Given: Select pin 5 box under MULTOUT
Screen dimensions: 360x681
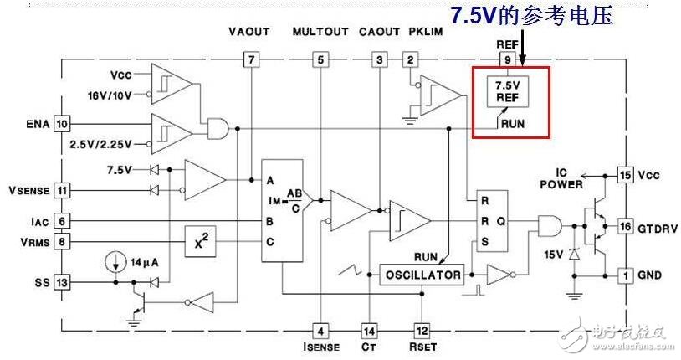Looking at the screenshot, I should tap(320, 59).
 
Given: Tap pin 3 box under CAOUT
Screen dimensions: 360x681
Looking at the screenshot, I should tap(381, 59).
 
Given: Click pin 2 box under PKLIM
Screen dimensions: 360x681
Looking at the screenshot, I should tap(410, 59).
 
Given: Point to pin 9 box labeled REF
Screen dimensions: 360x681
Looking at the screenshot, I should tap(507, 59).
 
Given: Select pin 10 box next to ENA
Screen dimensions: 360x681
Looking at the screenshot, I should tap(62, 124).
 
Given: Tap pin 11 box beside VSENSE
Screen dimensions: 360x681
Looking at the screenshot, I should tap(62, 190).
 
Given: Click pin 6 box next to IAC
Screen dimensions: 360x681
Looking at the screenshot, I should tap(62, 221).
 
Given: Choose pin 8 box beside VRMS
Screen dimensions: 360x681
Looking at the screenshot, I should tap(62, 242).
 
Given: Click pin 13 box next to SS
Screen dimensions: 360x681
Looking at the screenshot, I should tap(62, 283).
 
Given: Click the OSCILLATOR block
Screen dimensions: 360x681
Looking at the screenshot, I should tap(422, 275).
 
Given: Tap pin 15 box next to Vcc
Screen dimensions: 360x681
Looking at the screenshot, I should tap(623, 175).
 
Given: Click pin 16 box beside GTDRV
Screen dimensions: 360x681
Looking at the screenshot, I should tap(623, 227).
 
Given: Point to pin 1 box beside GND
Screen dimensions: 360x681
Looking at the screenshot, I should tap(623, 275).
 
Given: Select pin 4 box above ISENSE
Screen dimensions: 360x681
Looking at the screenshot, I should tap(320, 330).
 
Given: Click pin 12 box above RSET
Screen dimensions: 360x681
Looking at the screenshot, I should tap(422, 330).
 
